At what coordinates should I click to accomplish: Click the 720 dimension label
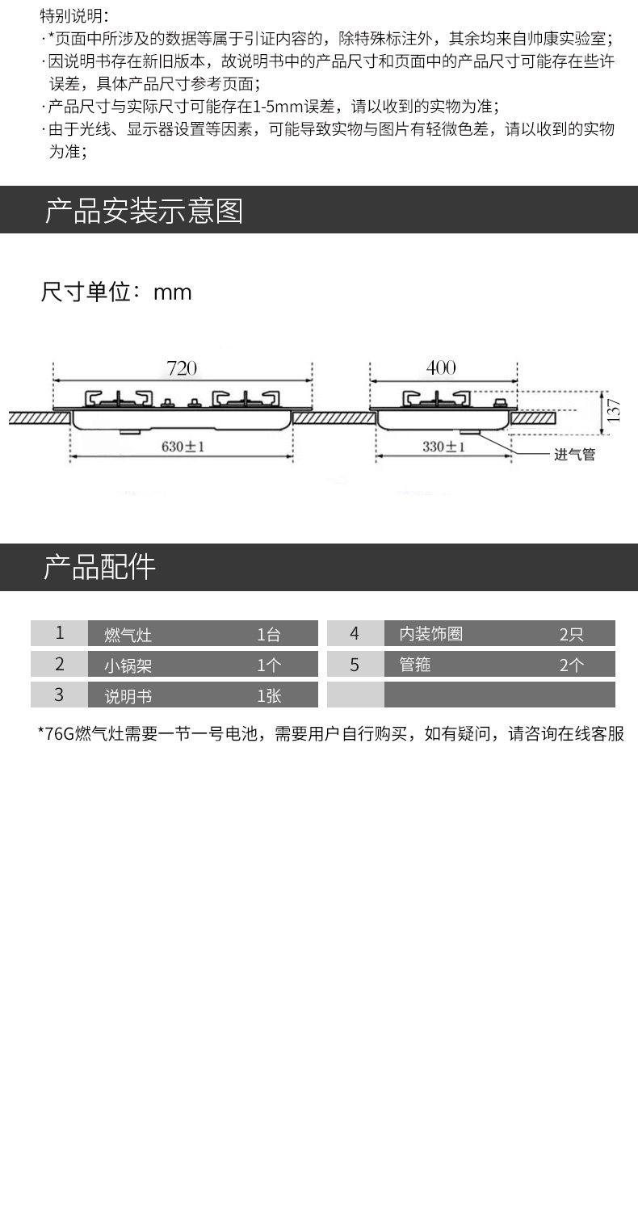tap(182, 368)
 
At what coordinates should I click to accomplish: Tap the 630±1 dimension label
tap(182, 446)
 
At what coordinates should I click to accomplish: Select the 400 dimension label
tap(441, 368)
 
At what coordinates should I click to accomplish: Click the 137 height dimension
tap(614, 410)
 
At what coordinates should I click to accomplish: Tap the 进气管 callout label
tap(574, 455)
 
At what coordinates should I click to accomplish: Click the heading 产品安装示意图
tap(143, 211)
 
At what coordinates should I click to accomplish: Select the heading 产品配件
tap(99, 568)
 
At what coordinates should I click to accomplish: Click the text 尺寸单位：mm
tap(116, 292)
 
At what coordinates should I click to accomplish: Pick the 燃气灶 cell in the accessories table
tap(128, 635)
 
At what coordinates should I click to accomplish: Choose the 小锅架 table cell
tap(128, 665)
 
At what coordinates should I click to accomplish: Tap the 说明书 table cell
tap(128, 696)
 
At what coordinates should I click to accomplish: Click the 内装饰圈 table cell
tap(431, 634)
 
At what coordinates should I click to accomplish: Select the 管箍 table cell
tap(415, 665)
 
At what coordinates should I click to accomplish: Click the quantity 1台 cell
tap(269, 635)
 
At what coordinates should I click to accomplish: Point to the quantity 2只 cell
tap(571, 635)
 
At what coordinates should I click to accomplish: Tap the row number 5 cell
tap(355, 665)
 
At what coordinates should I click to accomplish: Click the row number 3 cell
tap(59, 695)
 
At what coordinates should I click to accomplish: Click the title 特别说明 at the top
tap(73, 15)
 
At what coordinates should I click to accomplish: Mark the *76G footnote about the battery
tap(331, 734)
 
